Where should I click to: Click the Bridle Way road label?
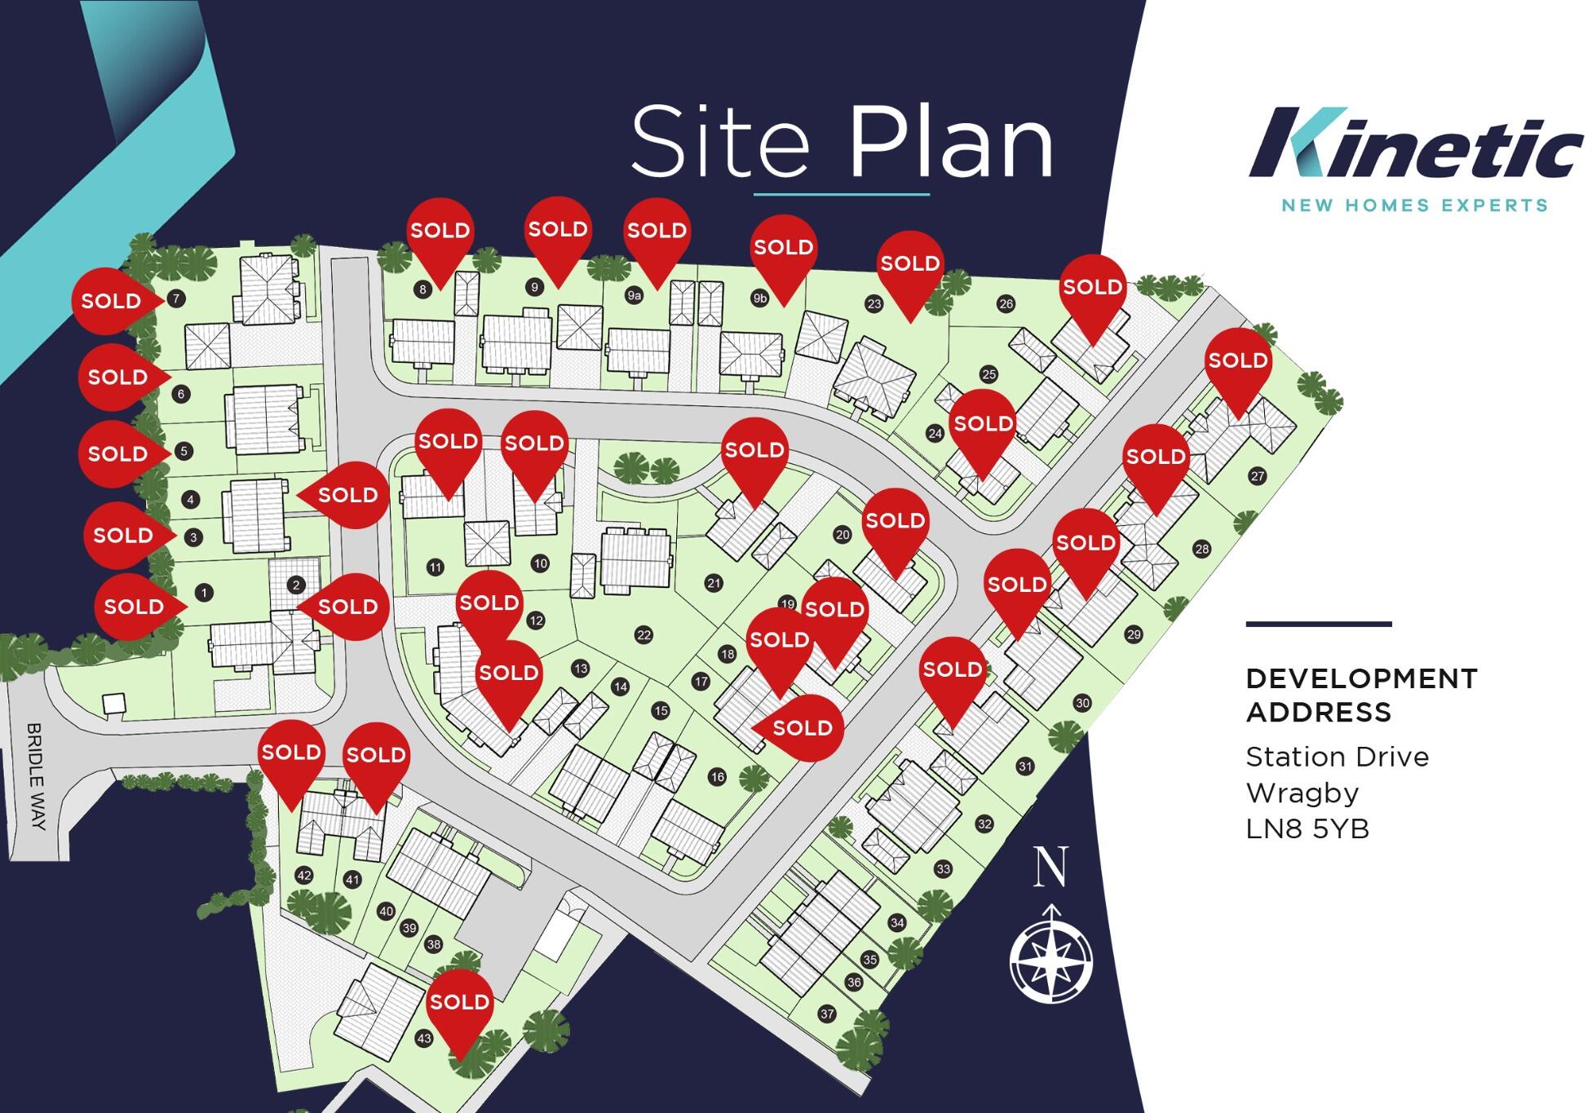click(x=35, y=775)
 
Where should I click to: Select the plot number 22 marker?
click(x=643, y=635)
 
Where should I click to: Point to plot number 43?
click(x=423, y=1039)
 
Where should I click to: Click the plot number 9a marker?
click(x=635, y=295)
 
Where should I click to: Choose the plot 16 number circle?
click(x=717, y=776)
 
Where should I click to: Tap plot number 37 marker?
click(x=827, y=1014)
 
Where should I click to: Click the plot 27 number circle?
click(x=1257, y=476)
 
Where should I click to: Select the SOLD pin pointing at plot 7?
click(x=112, y=301)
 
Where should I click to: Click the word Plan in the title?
click(x=951, y=143)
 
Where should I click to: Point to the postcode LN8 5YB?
click(x=1307, y=829)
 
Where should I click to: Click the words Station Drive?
click(x=1337, y=757)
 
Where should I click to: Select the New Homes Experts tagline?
click(x=1414, y=205)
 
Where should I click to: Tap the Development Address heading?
click(x=1360, y=695)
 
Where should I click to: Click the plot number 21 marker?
click(x=714, y=583)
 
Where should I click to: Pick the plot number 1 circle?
click(x=204, y=593)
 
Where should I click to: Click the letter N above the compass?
click(x=1050, y=867)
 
